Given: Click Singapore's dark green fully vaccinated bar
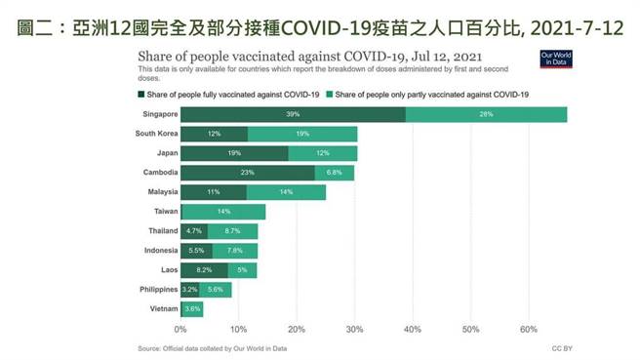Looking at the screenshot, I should pyautogui.click(x=293, y=114).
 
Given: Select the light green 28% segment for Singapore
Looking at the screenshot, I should pyautogui.click(x=486, y=114).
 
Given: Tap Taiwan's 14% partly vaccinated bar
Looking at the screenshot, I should pyautogui.click(x=223, y=212).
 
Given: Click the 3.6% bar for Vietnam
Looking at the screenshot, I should pyautogui.click(x=192, y=308).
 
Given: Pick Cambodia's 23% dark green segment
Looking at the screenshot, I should pyautogui.click(x=248, y=173).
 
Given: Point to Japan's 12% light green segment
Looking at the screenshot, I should pyautogui.click(x=323, y=153).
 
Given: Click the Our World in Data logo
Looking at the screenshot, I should pyautogui.click(x=553, y=59).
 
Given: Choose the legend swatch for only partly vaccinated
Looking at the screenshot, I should pyautogui.click(x=331, y=95).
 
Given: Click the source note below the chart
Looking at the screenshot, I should pyautogui.click(x=212, y=347).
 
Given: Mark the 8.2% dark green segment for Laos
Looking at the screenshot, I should pyautogui.click(x=204, y=269).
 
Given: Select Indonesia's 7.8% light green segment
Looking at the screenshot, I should pyautogui.click(x=234, y=250).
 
